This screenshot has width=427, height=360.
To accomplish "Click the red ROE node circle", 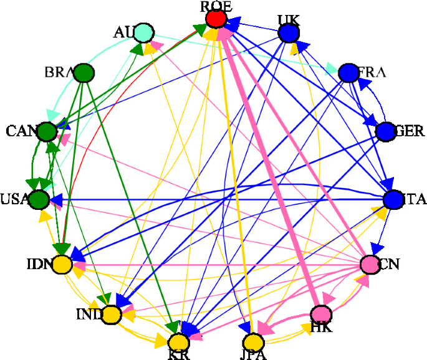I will tap(216, 19).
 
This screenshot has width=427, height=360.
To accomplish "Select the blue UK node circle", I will tap(288, 32).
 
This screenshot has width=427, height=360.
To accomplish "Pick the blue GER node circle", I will tap(386, 131).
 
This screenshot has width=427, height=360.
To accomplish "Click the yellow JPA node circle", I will tap(252, 342).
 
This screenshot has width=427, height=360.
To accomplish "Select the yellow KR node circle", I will tap(178, 342).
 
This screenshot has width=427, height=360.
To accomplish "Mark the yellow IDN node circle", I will tap(61, 265).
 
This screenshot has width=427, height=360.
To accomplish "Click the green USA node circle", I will tap(40, 199).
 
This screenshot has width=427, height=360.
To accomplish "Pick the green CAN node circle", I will tap(46, 131).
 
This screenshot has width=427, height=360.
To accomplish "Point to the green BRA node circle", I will tap(84, 73).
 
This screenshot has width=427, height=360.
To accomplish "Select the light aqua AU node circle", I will tap(144, 32).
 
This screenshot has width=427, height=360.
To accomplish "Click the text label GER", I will tap(410, 131).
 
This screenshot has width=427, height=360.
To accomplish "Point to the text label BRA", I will tap(59, 71).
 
